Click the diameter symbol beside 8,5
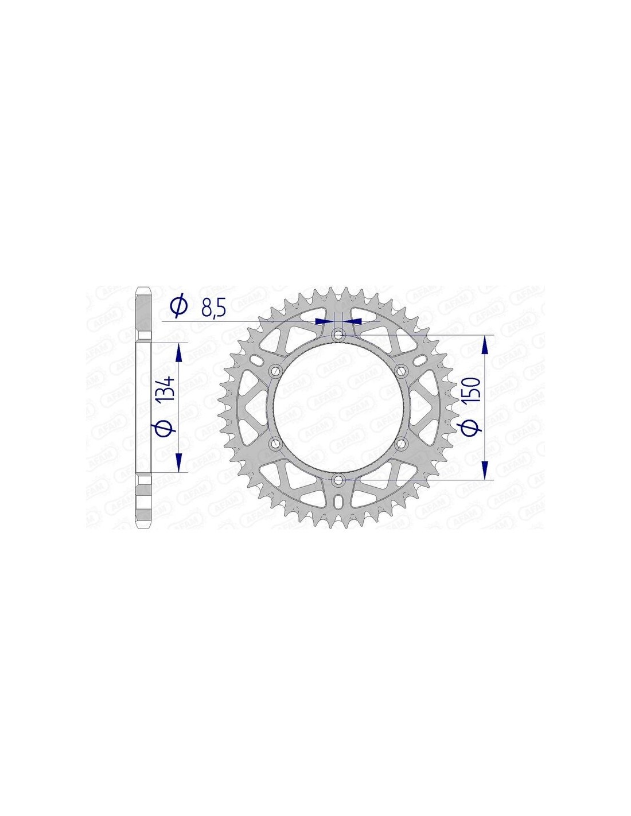click(x=178, y=308)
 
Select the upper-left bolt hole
click(x=276, y=370)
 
